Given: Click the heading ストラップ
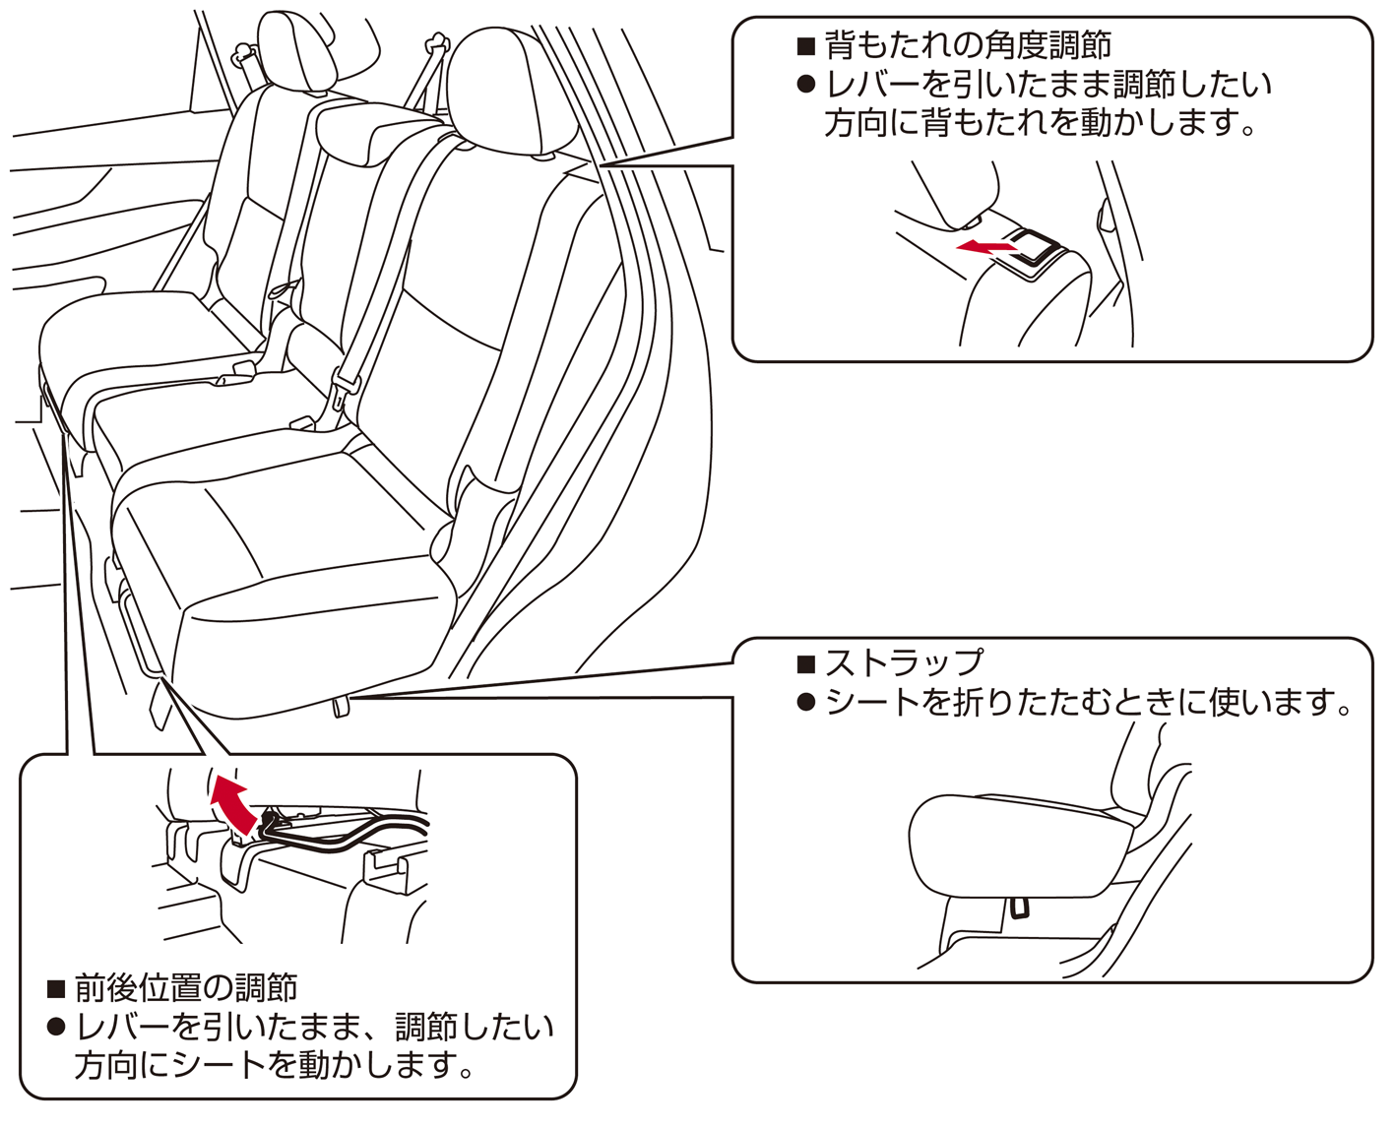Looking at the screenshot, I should click(x=905, y=662).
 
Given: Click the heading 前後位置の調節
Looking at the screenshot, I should click(x=186, y=987).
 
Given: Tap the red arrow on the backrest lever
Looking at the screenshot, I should click(x=984, y=246).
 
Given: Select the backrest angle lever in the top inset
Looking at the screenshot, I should click(x=1034, y=245).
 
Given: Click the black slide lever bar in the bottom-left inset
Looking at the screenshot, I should click(x=345, y=836).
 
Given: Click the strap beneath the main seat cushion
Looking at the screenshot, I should click(x=341, y=706).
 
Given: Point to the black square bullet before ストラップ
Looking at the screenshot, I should click(x=806, y=663).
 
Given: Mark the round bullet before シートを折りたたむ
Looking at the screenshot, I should click(x=806, y=703).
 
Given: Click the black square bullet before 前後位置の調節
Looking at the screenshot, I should click(x=56, y=988).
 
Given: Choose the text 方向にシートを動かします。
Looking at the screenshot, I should click(x=275, y=1065).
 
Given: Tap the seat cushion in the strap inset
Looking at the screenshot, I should click(x=1014, y=846).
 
